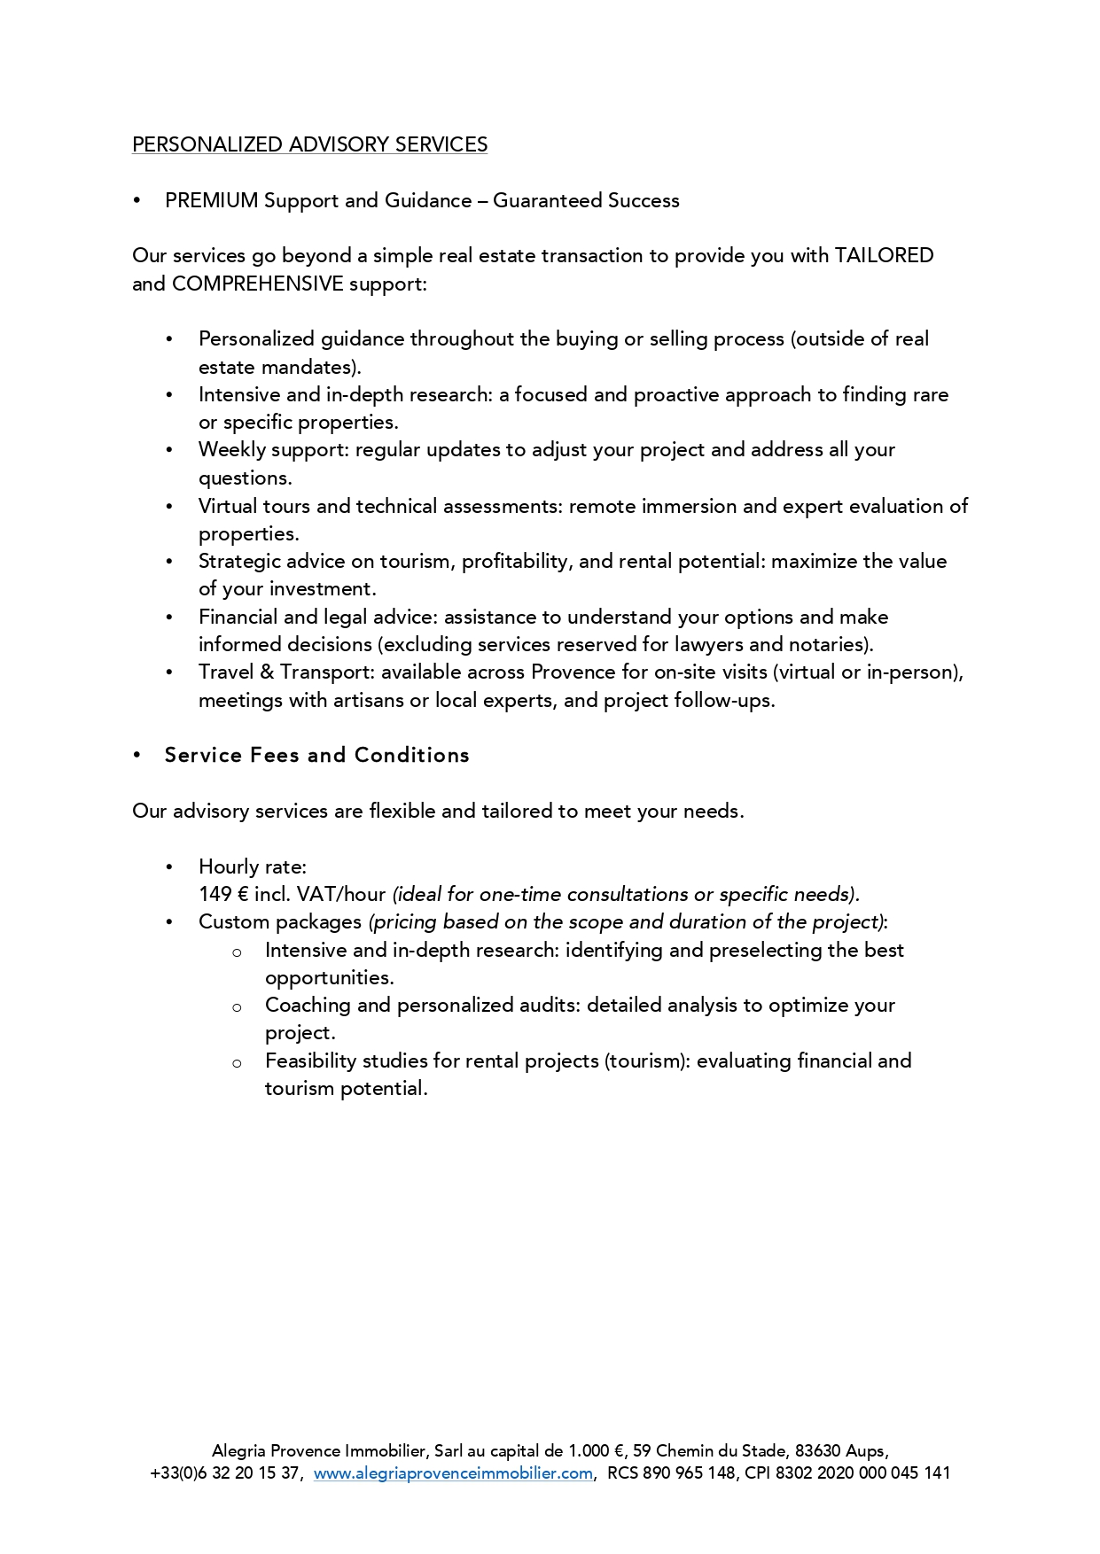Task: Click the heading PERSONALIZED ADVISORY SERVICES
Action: (x=309, y=144)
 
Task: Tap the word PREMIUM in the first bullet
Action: (x=211, y=200)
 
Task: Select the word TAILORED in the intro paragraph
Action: (x=884, y=255)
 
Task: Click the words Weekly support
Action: (x=273, y=450)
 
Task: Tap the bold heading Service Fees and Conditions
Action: (x=316, y=755)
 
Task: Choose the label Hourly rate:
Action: (x=253, y=866)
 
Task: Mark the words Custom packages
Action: (x=280, y=921)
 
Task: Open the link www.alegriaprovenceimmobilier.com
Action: (x=453, y=1473)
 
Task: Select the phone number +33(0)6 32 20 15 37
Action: (x=225, y=1473)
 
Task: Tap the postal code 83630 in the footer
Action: (x=817, y=1451)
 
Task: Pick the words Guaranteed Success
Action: (x=586, y=200)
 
